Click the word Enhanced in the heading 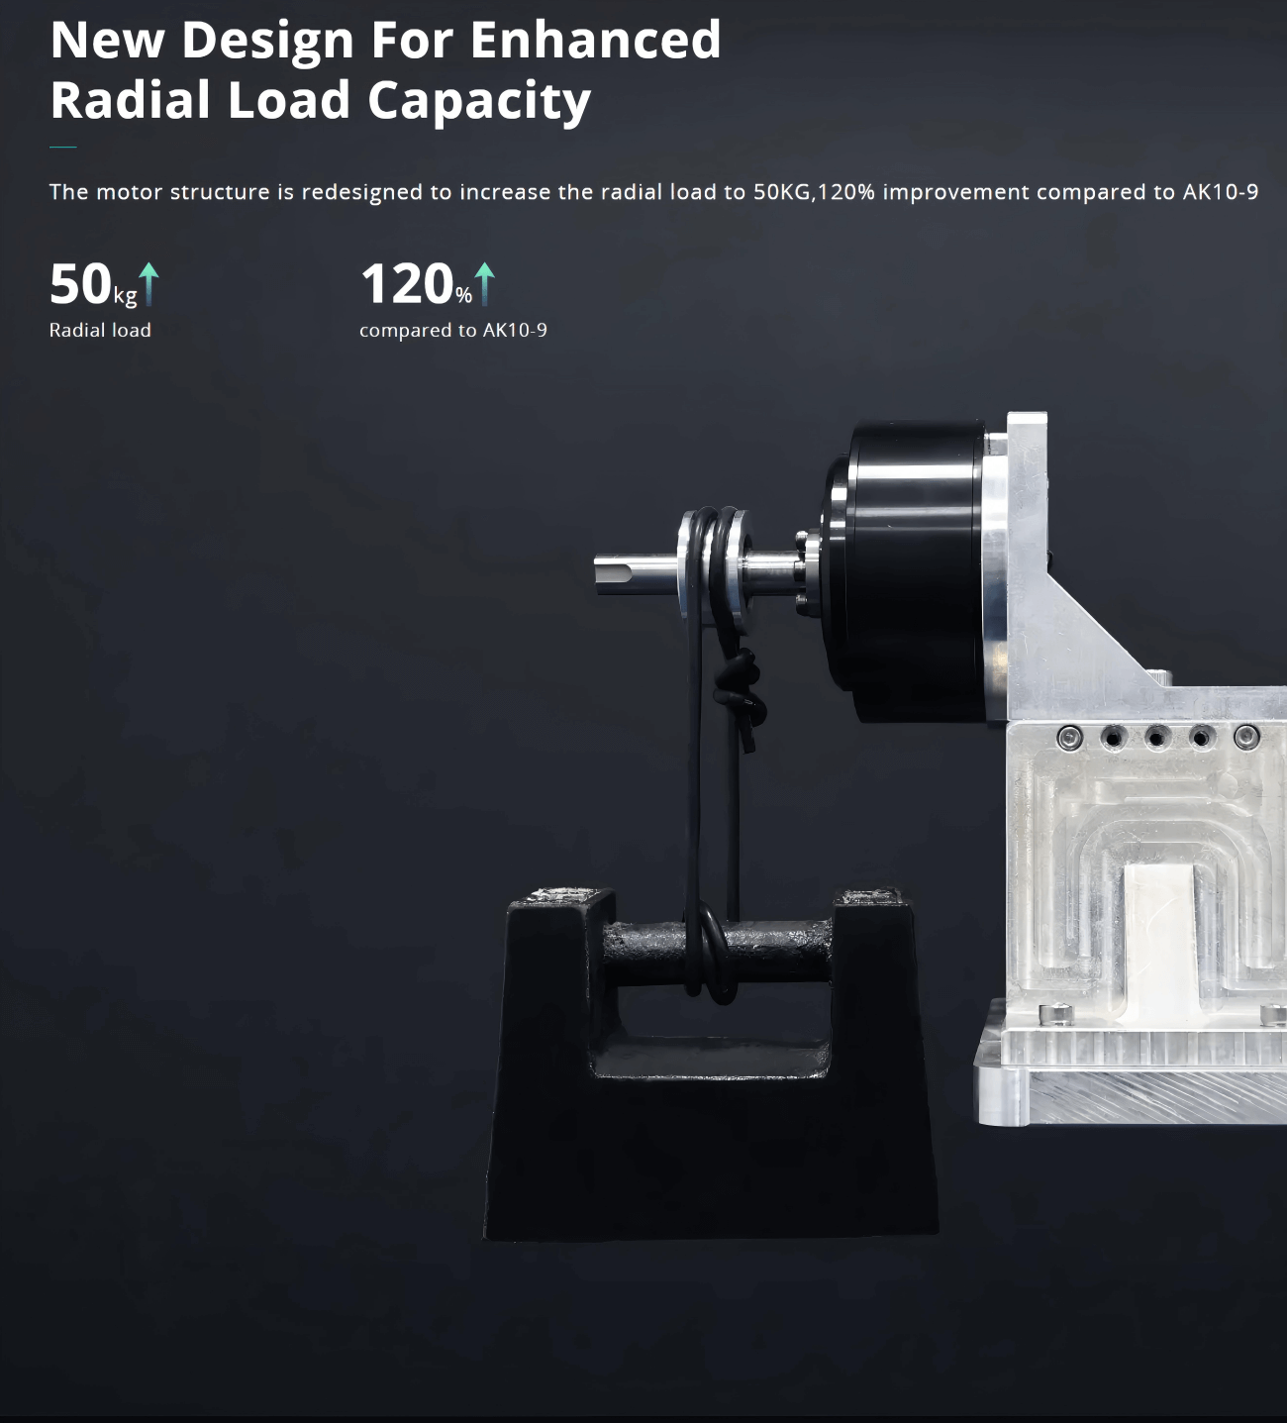[x=595, y=40]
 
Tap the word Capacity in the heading [x=479, y=101]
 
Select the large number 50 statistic [x=80, y=284]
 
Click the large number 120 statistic [x=407, y=284]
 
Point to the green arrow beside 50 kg [x=148, y=284]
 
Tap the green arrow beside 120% [x=484, y=284]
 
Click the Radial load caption [x=100, y=330]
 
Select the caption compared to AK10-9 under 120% [x=453, y=330]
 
